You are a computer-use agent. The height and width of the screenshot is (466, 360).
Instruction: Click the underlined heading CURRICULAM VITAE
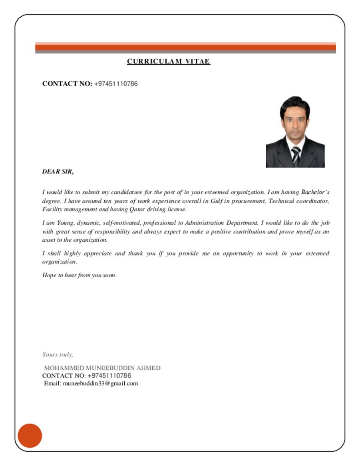(168, 61)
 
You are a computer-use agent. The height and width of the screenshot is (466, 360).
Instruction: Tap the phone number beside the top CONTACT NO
(116, 84)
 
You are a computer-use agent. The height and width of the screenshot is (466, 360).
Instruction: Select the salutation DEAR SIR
(58, 172)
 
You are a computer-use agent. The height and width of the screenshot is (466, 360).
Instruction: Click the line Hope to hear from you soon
(80, 275)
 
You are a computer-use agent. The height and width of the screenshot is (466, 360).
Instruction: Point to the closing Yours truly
(58, 354)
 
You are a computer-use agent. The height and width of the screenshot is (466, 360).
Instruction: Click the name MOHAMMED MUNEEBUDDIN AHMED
(102, 368)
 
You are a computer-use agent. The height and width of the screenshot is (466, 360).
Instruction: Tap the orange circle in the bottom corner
(30, 436)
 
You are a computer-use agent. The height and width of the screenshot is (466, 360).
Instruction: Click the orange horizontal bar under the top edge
(185, 47)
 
